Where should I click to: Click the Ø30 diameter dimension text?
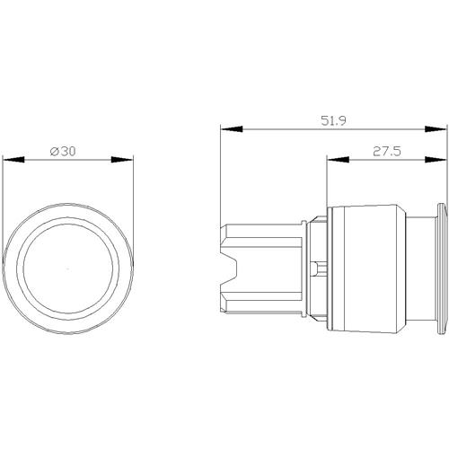63,152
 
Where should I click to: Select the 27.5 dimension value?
387,152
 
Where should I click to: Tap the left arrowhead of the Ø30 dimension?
13,160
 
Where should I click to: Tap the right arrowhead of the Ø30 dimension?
122,160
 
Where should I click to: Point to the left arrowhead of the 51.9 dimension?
231,129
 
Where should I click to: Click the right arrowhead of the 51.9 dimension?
436,129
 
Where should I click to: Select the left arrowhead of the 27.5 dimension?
338,160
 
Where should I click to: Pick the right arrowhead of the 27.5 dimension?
436,160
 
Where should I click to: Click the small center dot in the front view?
67,269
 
